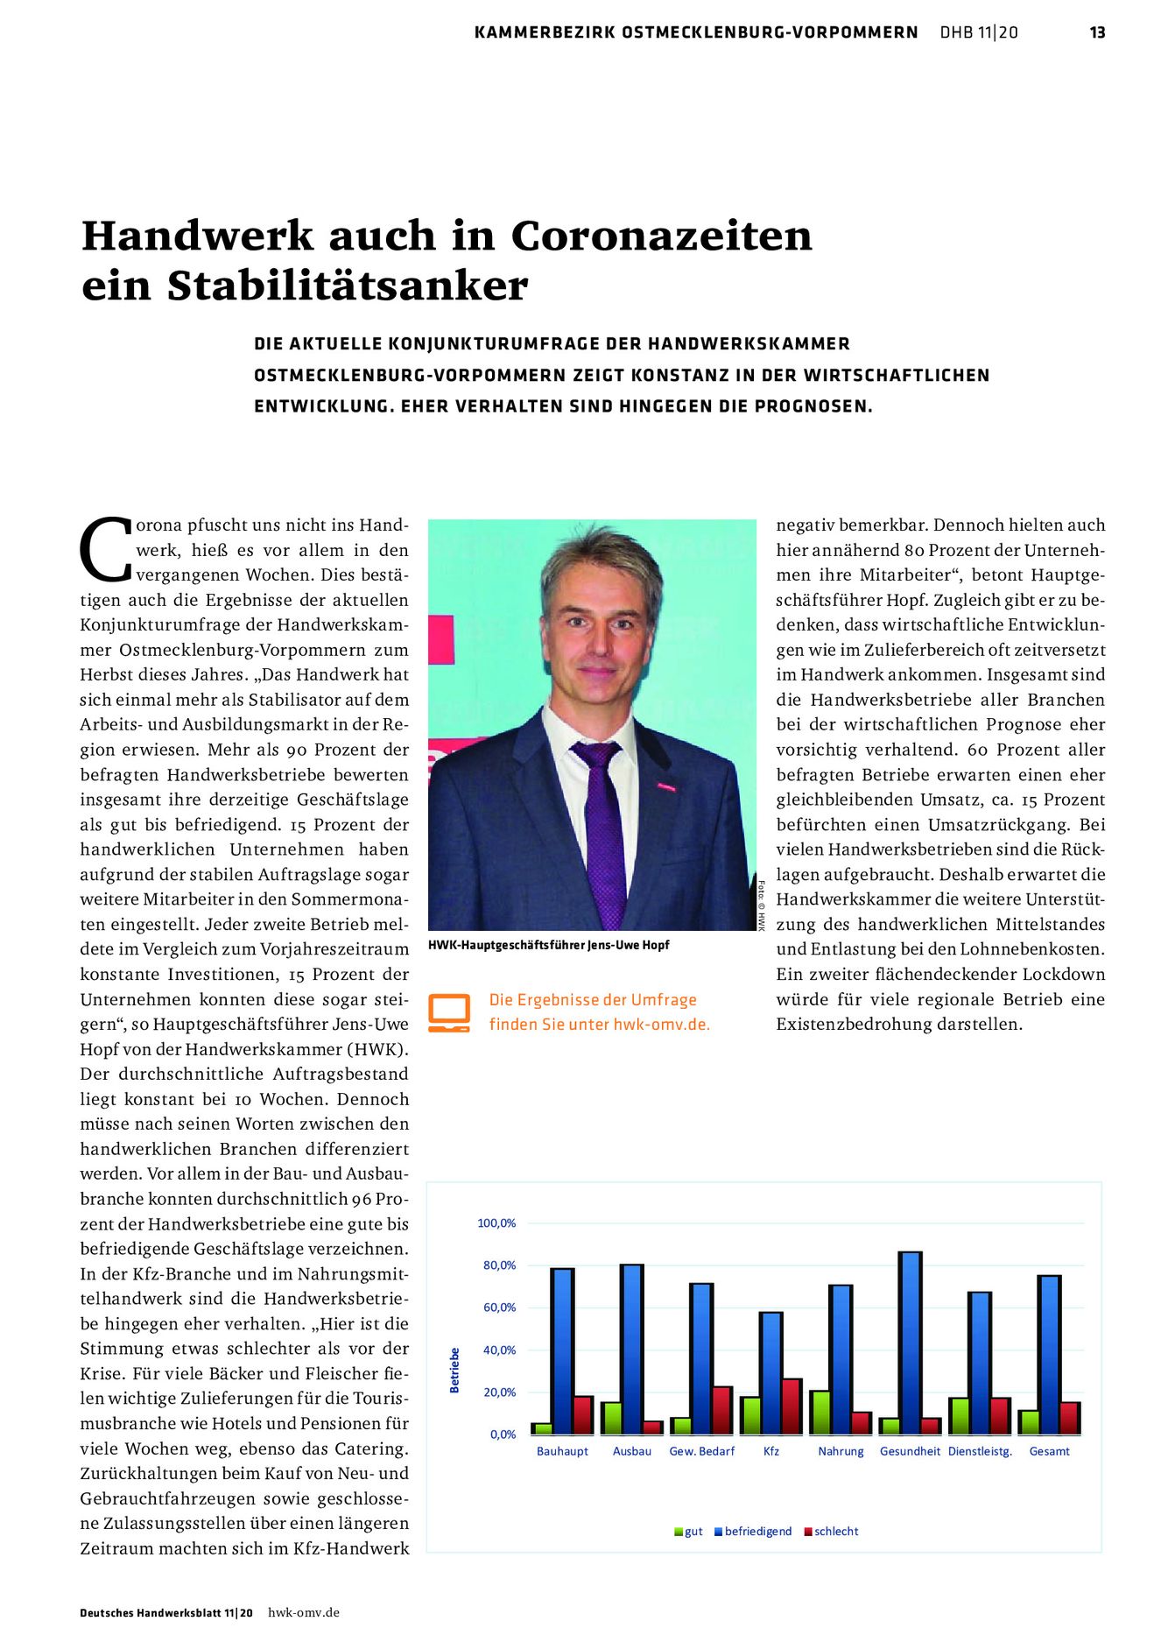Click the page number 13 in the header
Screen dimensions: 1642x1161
[x=1097, y=32]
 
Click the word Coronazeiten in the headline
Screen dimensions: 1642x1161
[x=661, y=236]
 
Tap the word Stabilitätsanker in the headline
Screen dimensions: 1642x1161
[x=348, y=285]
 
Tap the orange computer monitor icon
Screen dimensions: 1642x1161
[x=449, y=1012]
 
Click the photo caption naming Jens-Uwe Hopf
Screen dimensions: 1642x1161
[x=548, y=945]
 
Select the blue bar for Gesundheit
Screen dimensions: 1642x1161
[x=911, y=1342]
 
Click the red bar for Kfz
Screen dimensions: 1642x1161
[x=792, y=1406]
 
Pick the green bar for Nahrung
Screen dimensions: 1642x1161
[x=820, y=1412]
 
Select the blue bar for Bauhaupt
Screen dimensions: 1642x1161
[x=563, y=1350]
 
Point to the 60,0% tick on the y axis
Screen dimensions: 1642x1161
[x=499, y=1307]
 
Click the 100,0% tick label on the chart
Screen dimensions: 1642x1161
[x=496, y=1223]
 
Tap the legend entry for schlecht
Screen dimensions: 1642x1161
[x=835, y=1531]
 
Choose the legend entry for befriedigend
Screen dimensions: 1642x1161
[x=756, y=1531]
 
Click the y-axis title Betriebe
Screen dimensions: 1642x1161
[x=454, y=1370]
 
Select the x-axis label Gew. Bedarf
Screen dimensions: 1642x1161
[x=701, y=1451]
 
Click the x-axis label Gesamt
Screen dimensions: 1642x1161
[x=1049, y=1451]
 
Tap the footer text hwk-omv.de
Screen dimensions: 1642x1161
[x=303, y=1612]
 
